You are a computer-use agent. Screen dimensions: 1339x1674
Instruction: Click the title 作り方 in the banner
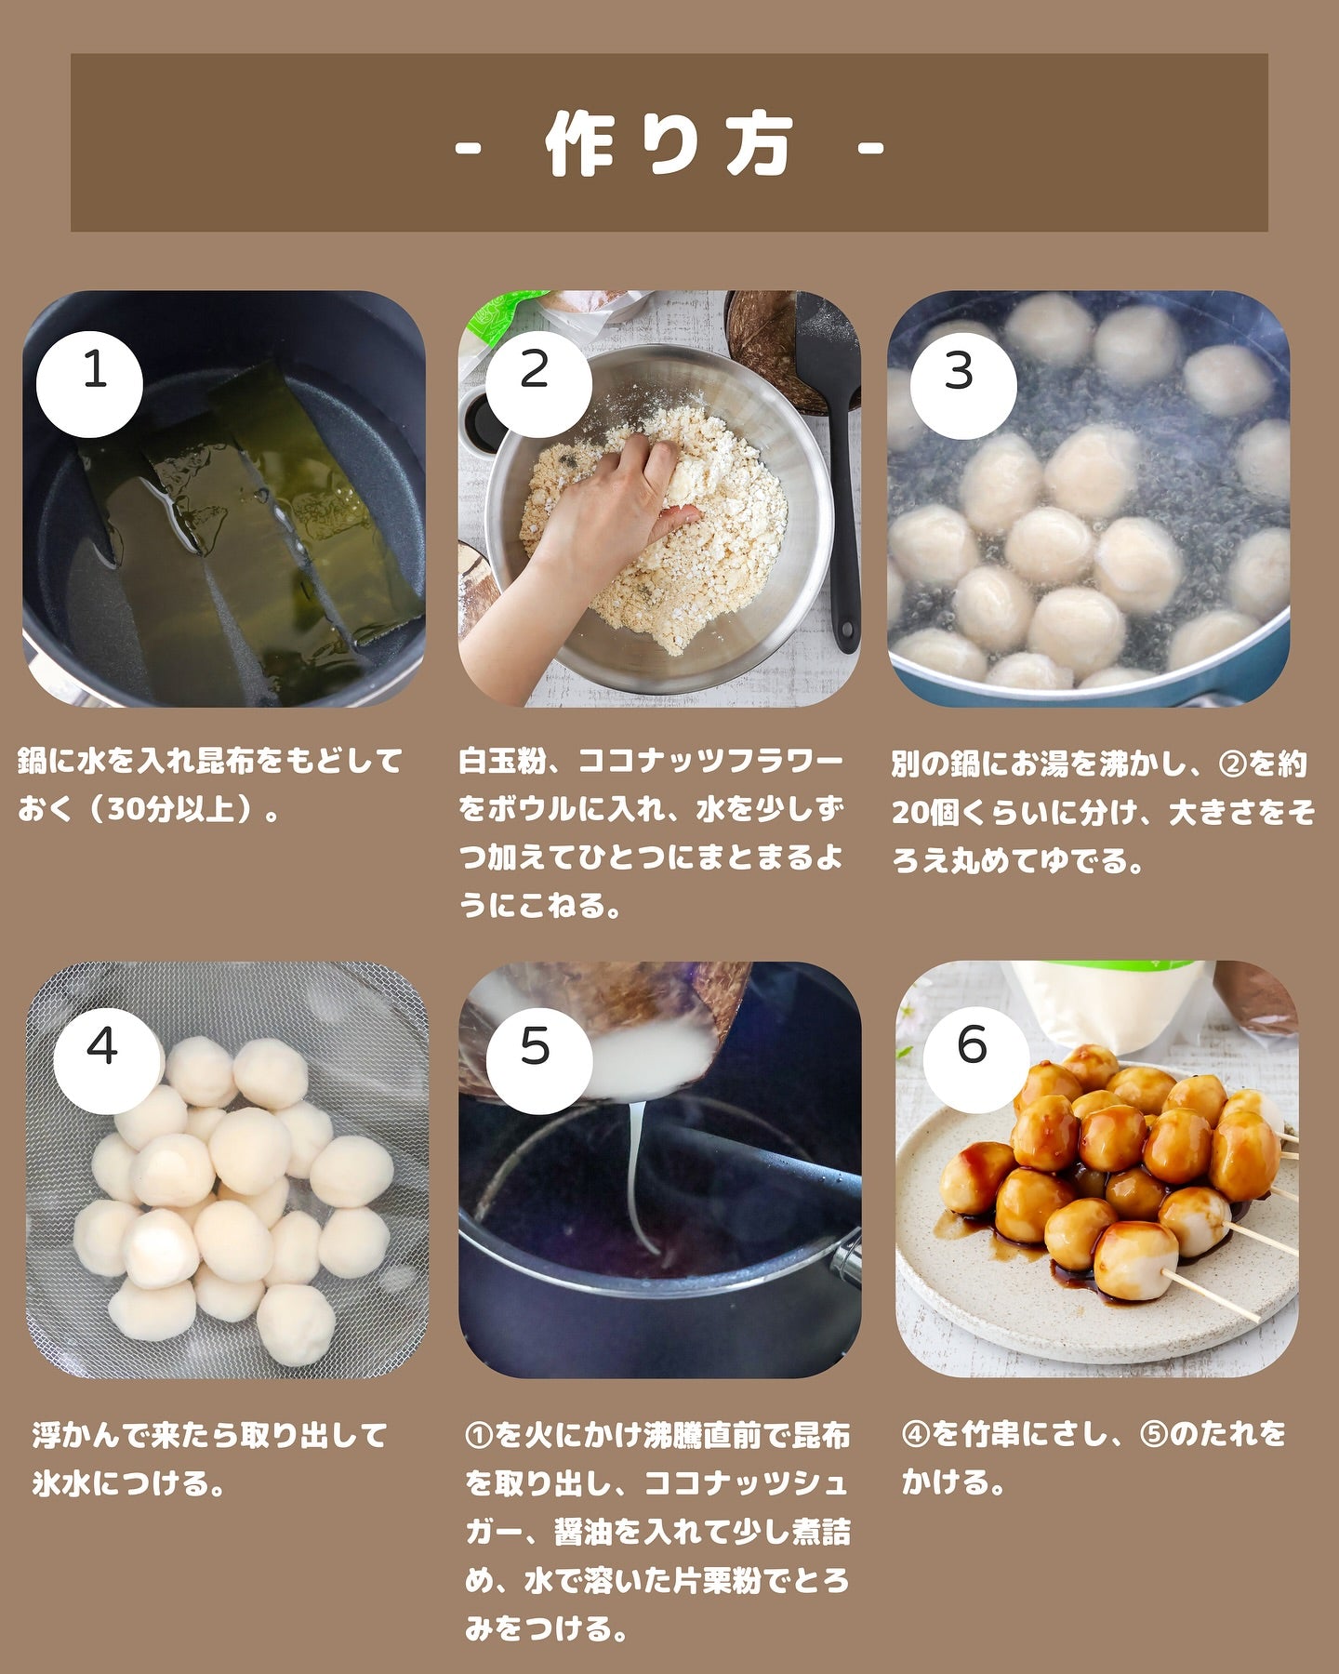[x=669, y=145]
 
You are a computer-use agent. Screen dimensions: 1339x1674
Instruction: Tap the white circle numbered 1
[x=89, y=384]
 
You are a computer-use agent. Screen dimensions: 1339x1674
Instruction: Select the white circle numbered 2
[x=538, y=384]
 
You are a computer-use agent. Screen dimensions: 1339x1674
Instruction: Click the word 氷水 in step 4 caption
[x=62, y=1482]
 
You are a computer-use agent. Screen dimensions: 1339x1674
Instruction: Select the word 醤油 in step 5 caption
[x=583, y=1531]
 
